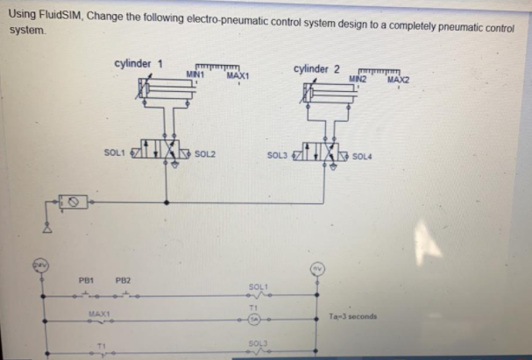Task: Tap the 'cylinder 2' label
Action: tap(317, 69)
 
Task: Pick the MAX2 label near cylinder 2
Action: tap(399, 80)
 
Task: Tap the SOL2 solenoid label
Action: tap(205, 155)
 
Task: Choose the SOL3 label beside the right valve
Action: tap(278, 155)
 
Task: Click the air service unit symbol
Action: tap(75, 203)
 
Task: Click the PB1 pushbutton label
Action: tap(85, 280)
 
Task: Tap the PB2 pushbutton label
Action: tap(124, 281)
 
